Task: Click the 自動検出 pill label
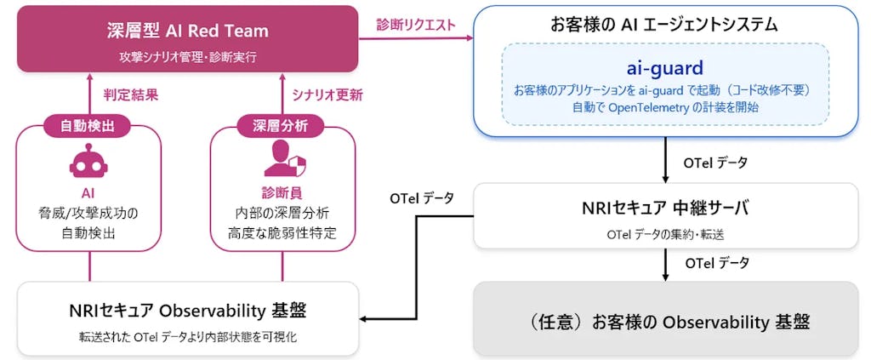pos(89,126)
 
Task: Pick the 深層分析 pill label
pos(285,126)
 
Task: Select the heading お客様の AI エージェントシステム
pos(664,24)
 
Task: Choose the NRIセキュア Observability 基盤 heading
pos(187,310)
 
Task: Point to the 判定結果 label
pos(128,95)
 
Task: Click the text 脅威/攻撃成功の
pos(88,211)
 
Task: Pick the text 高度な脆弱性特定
pos(285,231)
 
